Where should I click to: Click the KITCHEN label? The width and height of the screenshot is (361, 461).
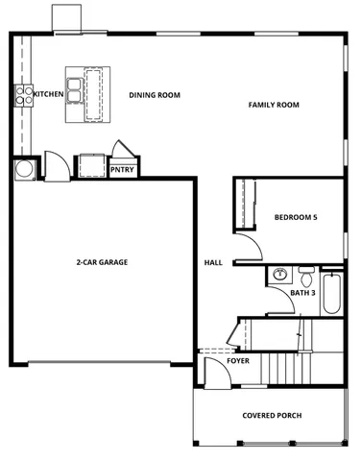point(48,94)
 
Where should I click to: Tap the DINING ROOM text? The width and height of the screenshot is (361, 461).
point(155,94)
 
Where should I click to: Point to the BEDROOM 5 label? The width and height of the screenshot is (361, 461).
point(295,217)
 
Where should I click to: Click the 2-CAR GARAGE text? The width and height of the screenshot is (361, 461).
point(103,261)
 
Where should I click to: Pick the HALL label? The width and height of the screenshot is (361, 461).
point(213,262)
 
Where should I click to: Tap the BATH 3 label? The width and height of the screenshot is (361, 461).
point(303,292)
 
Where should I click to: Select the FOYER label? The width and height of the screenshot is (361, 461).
point(238,361)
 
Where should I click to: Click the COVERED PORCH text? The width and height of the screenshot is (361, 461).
point(272,415)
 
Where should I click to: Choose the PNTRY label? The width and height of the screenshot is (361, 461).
point(122,170)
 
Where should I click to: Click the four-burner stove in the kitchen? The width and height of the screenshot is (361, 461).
point(22,94)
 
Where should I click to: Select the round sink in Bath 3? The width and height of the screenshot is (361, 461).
point(280,274)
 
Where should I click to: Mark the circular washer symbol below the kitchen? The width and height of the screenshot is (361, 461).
point(23,168)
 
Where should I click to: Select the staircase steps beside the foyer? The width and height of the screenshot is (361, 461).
point(283,365)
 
